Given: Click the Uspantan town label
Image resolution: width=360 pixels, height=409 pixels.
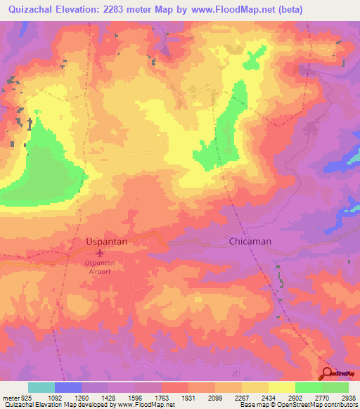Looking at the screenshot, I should (x=106, y=241).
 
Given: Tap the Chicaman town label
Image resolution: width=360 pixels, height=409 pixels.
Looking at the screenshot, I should (x=250, y=241).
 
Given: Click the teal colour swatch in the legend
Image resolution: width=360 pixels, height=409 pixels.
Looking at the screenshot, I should (x=41, y=388).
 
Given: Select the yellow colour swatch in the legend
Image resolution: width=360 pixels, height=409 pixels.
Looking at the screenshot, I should (x=281, y=388).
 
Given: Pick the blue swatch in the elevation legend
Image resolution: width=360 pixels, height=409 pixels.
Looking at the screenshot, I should (x=68, y=388).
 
